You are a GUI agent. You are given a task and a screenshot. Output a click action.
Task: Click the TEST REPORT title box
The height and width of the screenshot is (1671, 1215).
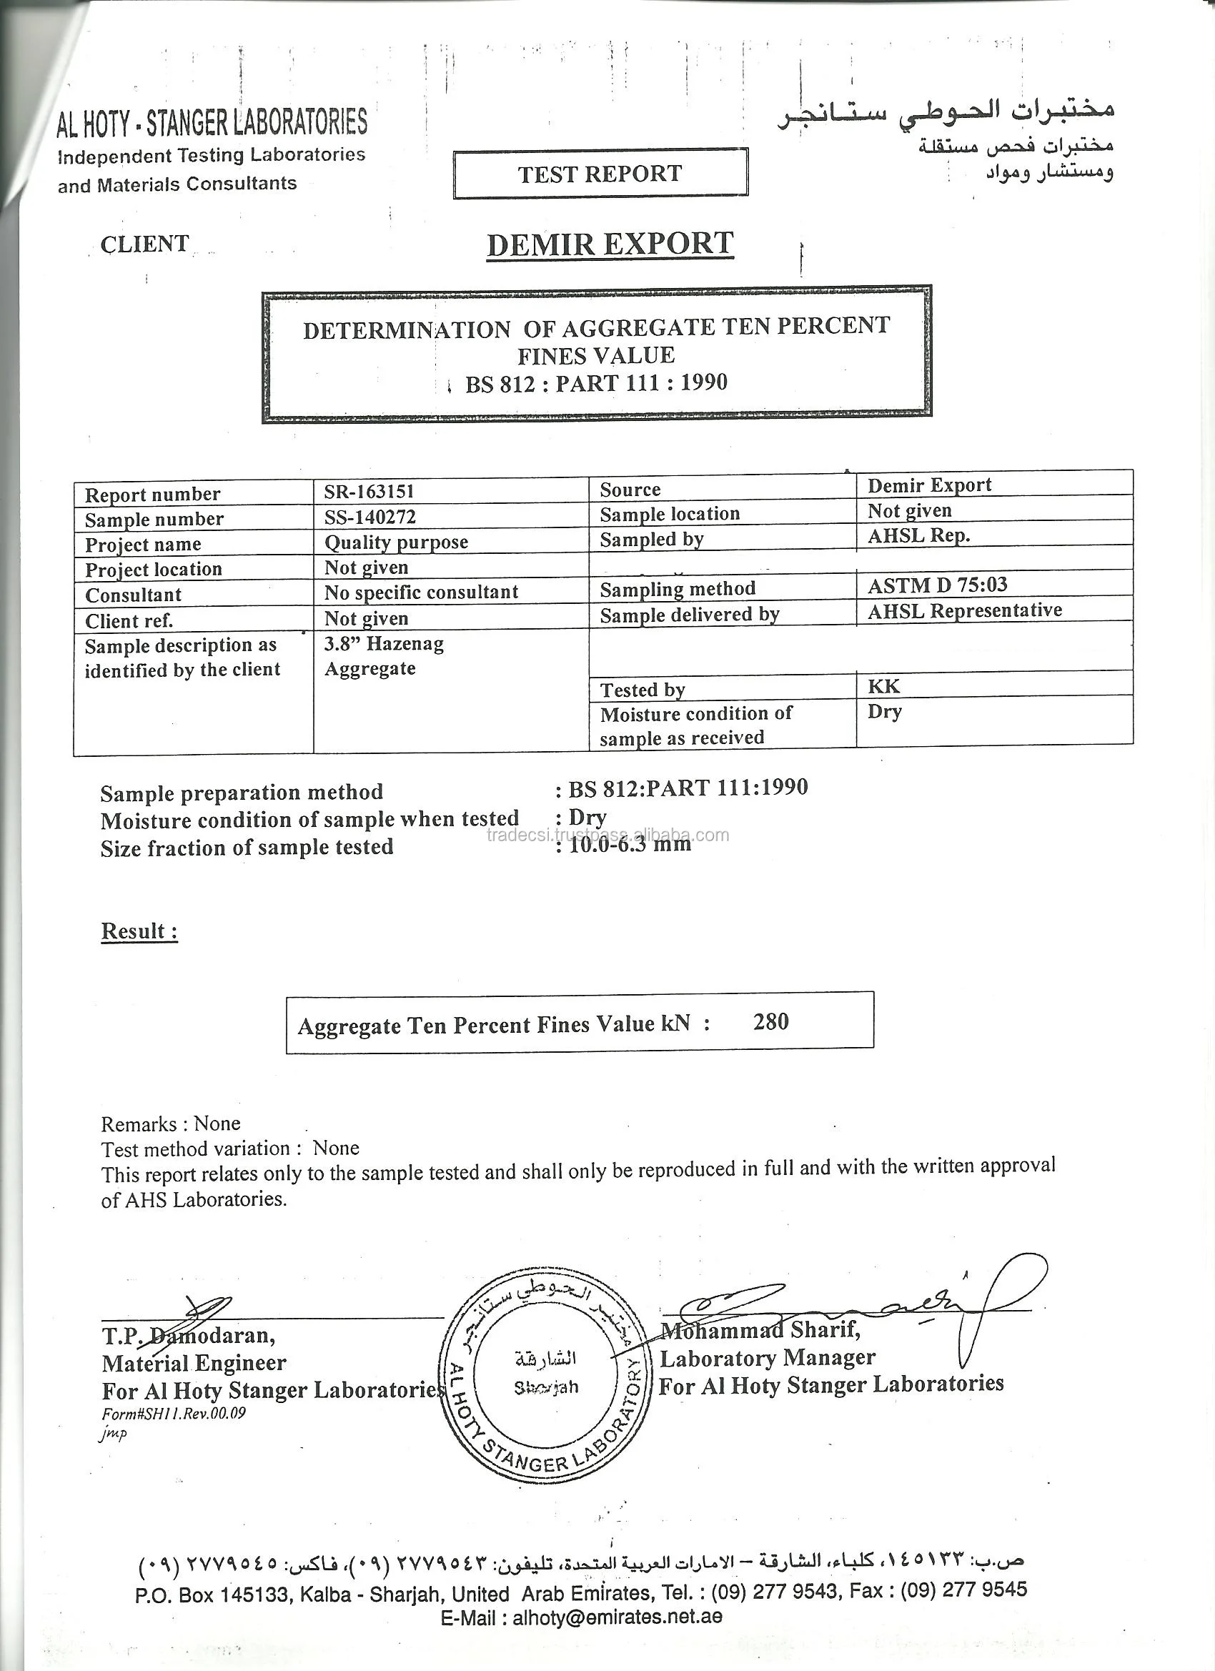click(600, 174)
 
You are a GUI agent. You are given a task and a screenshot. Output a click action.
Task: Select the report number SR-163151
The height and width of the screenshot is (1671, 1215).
click(369, 492)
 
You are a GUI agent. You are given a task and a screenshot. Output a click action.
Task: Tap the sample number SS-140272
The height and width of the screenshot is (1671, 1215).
click(370, 517)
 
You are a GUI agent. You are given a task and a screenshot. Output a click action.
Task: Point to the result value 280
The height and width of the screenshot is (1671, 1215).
click(770, 1021)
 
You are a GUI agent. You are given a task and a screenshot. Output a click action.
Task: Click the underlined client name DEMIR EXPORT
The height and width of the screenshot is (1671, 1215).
click(610, 244)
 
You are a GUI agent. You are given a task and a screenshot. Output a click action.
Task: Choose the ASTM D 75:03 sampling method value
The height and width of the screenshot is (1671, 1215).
click(937, 585)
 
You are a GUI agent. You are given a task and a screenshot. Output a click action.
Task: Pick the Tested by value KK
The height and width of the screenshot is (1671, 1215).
click(883, 687)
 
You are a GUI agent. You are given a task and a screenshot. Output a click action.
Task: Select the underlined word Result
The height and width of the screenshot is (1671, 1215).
click(139, 931)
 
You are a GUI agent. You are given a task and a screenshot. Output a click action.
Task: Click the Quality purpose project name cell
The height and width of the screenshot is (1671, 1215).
click(397, 542)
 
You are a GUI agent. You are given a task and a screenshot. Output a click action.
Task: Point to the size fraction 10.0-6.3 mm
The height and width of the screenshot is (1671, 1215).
click(630, 844)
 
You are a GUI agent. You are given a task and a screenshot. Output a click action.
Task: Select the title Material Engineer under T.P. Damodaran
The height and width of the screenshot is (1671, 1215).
click(194, 1363)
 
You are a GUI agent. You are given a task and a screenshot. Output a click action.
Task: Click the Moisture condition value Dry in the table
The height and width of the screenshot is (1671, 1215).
click(884, 712)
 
